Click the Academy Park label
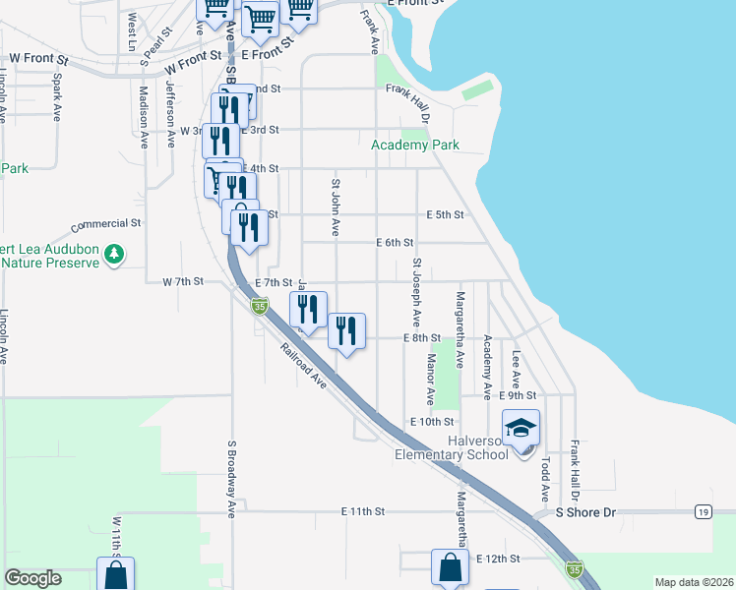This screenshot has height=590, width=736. pyautogui.click(x=414, y=146)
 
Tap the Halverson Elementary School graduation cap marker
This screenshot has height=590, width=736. pyautogui.click(x=521, y=429)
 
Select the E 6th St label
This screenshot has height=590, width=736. pyautogui.click(x=395, y=243)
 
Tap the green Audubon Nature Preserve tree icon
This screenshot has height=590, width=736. pyautogui.click(x=114, y=255)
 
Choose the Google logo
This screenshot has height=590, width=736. pyautogui.click(x=32, y=578)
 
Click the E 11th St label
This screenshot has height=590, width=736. pyautogui.click(x=361, y=512)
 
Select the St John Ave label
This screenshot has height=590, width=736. pyautogui.click(x=336, y=207)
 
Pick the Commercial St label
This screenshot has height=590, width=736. pyautogui.click(x=106, y=224)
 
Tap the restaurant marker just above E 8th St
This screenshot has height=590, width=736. pyautogui.click(x=345, y=330)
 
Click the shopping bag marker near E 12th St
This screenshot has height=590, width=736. pyautogui.click(x=450, y=568)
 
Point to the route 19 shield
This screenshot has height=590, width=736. pyautogui.click(x=703, y=512)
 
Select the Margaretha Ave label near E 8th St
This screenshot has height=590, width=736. pyautogui.click(x=460, y=328)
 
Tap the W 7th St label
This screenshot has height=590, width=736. pyautogui.click(x=182, y=281)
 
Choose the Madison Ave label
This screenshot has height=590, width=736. pyautogui.click(x=144, y=116)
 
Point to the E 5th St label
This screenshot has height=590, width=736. pyautogui.click(x=444, y=214)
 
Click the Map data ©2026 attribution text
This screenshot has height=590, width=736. pyautogui.click(x=693, y=582)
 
